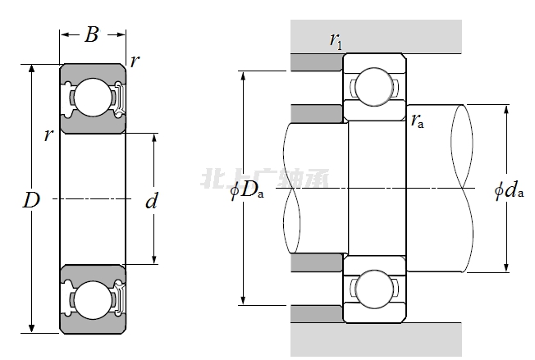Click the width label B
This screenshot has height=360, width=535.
point(91,34)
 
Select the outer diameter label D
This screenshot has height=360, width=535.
point(31,199)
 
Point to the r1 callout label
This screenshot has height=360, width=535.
point(336,39)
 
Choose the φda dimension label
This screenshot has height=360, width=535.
point(509,192)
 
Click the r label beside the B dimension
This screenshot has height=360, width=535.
point(135,60)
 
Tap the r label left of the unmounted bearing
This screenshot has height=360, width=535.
point(48,134)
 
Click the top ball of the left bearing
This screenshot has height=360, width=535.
point(92,97)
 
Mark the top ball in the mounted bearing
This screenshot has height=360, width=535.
point(373,85)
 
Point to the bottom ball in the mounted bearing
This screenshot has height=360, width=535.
point(373,289)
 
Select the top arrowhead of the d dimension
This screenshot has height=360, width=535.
point(154,136)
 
